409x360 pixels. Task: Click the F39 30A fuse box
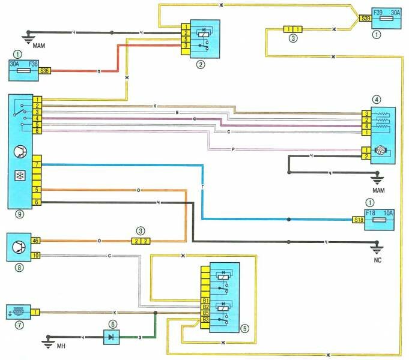click(x=384, y=19)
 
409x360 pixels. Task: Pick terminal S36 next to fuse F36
click(x=45, y=70)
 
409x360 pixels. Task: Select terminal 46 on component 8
click(x=35, y=241)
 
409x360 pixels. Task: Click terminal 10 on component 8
click(x=35, y=256)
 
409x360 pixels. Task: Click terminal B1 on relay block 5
click(x=205, y=299)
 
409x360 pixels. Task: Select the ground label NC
click(x=378, y=260)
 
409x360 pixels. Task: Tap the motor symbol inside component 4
click(x=380, y=153)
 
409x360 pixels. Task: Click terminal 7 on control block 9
click(x=37, y=164)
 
